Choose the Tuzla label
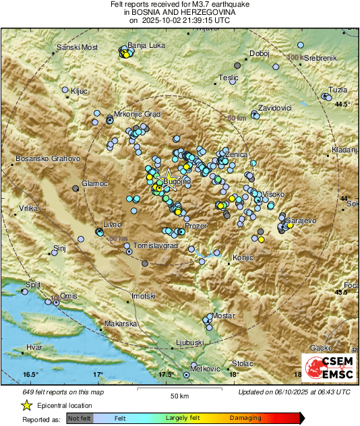tap(338, 90)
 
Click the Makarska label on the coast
tap(121, 324)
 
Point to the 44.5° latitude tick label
tap(344, 104)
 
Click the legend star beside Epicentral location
tap(26, 405)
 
